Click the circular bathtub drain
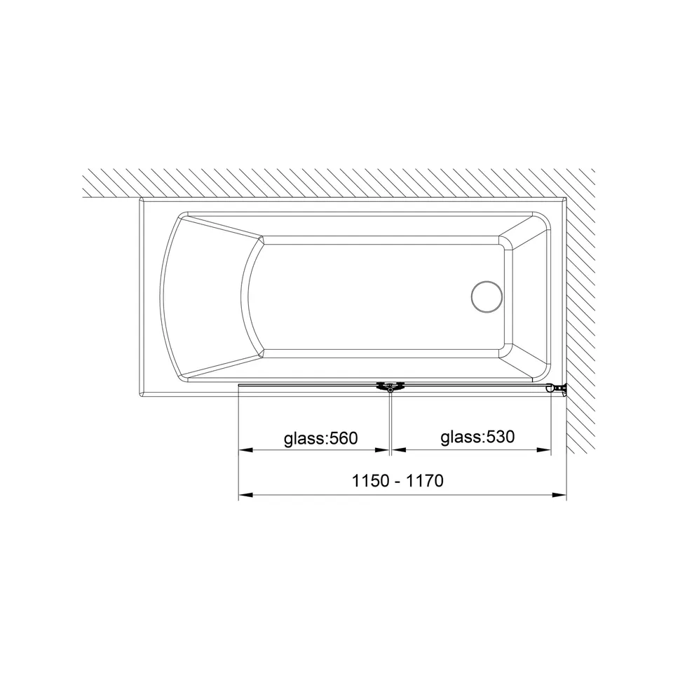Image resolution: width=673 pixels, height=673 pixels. click(487, 297)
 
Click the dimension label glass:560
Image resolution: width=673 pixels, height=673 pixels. click(320, 438)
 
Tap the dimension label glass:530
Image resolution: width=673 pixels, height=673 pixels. click(477, 437)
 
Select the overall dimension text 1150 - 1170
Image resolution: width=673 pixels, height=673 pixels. click(397, 481)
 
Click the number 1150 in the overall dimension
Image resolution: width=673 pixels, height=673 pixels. click(370, 481)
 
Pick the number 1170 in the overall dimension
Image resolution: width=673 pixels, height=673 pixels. click(425, 481)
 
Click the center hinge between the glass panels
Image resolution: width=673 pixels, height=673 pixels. click(390, 388)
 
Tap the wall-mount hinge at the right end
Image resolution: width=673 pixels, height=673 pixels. click(557, 389)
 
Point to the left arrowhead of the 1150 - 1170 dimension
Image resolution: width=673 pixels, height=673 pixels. click(245, 495)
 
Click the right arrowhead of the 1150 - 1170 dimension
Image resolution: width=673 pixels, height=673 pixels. click(560, 495)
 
